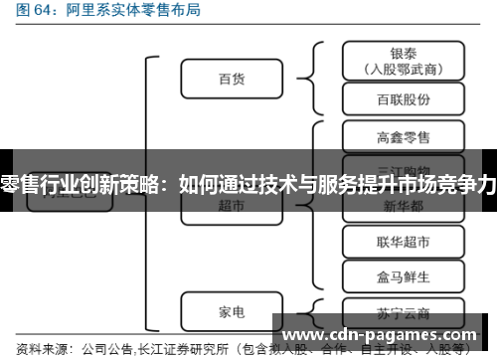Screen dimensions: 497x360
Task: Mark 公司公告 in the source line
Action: coord(107,349)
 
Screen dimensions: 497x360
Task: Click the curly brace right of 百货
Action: coord(307,78)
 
